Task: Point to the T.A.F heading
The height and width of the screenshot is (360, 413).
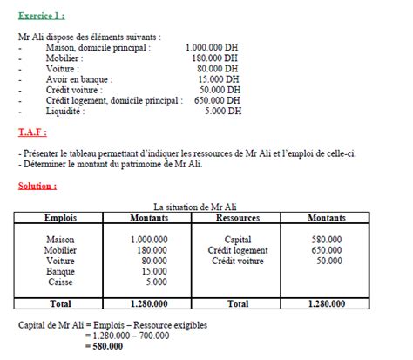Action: (x=32, y=132)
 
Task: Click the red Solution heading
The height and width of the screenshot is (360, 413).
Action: (x=37, y=187)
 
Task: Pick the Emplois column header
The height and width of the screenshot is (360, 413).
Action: (x=60, y=218)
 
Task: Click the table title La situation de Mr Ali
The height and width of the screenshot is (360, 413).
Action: (x=194, y=207)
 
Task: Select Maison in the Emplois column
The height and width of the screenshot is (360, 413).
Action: (x=61, y=240)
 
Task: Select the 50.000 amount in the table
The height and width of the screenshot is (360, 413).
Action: (x=329, y=261)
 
